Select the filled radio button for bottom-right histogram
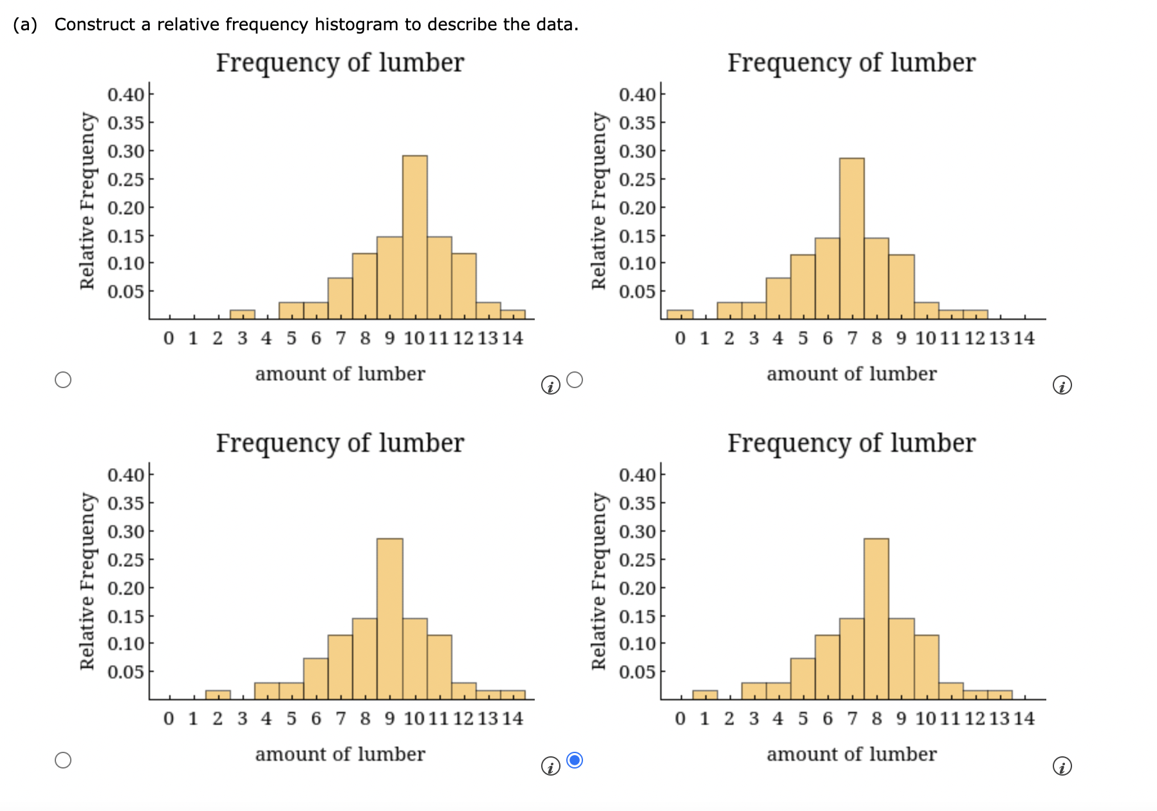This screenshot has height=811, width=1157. pyautogui.click(x=575, y=760)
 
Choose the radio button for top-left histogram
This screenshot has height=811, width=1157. pyautogui.click(x=63, y=380)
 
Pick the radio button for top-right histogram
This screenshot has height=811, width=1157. pyautogui.click(x=575, y=380)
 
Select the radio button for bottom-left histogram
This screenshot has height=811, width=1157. pyautogui.click(x=63, y=760)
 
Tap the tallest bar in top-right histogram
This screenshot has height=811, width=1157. pyautogui.click(x=851, y=238)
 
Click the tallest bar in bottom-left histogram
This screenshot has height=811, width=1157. pyautogui.click(x=390, y=619)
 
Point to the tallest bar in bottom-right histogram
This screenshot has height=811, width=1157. pyautogui.click(x=876, y=619)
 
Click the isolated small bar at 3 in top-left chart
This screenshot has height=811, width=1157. pyautogui.click(x=243, y=315)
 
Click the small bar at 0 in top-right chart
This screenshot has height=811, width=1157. pyautogui.click(x=680, y=315)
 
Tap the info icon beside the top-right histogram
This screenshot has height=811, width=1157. pyautogui.click(x=1062, y=386)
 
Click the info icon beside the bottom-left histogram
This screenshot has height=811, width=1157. pyautogui.click(x=550, y=767)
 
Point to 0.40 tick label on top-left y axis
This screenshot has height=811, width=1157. pyautogui.click(x=125, y=95)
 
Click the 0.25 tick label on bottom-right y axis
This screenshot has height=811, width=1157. pyautogui.click(x=637, y=559)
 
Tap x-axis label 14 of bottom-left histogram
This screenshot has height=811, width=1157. pyautogui.click(x=513, y=718)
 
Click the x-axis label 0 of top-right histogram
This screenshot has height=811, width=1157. pyautogui.click(x=680, y=338)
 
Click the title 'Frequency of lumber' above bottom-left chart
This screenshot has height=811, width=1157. pyautogui.click(x=340, y=443)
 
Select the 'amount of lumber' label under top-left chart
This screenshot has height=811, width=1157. pyautogui.click(x=340, y=374)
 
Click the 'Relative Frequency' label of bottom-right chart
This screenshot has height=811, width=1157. pyautogui.click(x=599, y=581)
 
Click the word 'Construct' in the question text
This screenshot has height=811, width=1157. pyautogui.click(x=95, y=24)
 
